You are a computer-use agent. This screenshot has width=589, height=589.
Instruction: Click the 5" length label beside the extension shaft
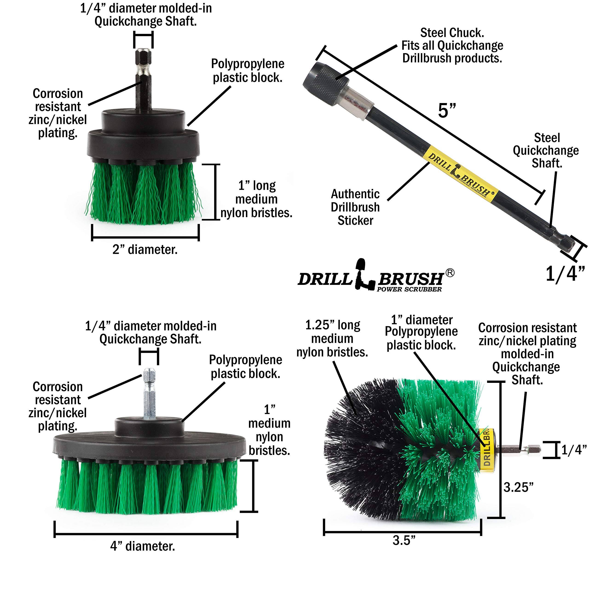pyautogui.click(x=447, y=110)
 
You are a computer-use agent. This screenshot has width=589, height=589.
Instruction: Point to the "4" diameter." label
pyautogui.click(x=143, y=546)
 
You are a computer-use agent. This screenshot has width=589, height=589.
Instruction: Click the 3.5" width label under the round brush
pyautogui.click(x=404, y=540)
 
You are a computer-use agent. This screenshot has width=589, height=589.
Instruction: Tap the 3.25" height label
pyautogui.click(x=518, y=487)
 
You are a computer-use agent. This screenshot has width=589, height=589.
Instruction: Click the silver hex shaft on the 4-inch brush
pyautogui.click(x=149, y=395)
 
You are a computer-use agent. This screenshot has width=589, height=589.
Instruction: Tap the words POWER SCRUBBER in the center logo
pyautogui.click(x=409, y=289)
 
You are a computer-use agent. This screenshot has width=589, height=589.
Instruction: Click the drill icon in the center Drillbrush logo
pyautogui.click(x=365, y=276)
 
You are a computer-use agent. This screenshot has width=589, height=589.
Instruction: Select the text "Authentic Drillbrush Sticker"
pyautogui.click(x=355, y=207)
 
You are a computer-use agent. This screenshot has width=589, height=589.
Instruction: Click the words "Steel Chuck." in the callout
pyautogui.click(x=452, y=33)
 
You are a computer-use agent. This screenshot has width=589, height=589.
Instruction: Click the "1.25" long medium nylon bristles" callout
pyautogui.click(x=332, y=339)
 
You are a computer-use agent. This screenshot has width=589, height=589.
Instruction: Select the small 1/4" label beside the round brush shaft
pyautogui.click(x=574, y=450)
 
